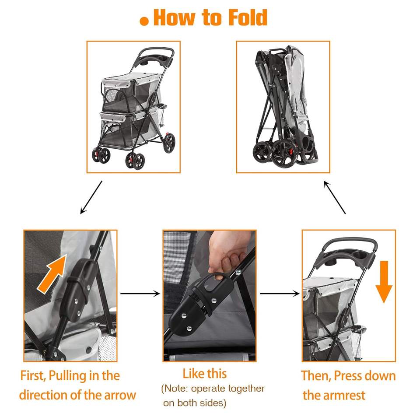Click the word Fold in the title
(248, 17)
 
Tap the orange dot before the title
(144, 21)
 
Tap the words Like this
(205, 374)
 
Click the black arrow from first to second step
(140, 294)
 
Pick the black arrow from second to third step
(280, 294)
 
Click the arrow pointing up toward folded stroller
(335, 197)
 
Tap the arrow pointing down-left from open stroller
(91, 197)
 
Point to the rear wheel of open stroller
(169, 143)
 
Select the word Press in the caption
(348, 375)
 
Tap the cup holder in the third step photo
(361, 255)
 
